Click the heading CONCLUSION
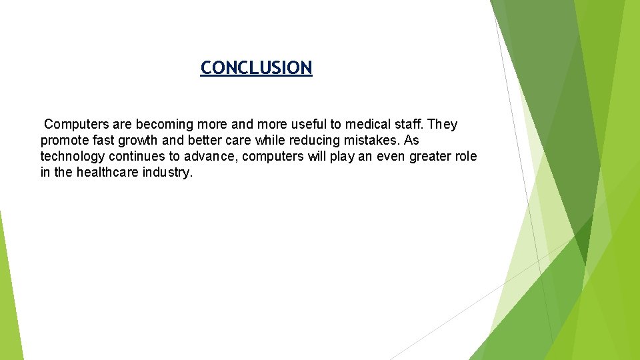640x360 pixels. click(x=256, y=68)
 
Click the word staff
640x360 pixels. click(x=408, y=125)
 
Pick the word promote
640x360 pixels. click(x=64, y=141)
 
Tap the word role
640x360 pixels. click(x=466, y=157)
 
